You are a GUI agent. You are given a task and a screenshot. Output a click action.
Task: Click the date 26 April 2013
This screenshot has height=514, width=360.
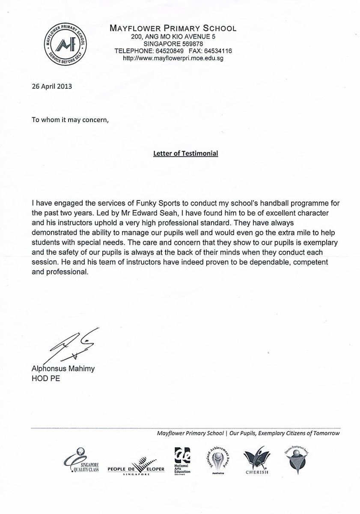click(x=52, y=86)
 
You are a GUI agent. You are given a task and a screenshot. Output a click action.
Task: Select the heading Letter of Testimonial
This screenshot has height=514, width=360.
click(x=185, y=153)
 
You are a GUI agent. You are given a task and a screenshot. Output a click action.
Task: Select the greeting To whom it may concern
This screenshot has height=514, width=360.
click(x=71, y=120)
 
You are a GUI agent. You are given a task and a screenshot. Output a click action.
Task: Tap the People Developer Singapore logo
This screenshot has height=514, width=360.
click(x=136, y=466)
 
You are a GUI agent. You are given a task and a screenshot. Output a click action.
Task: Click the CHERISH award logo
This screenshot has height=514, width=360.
click(x=257, y=461)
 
